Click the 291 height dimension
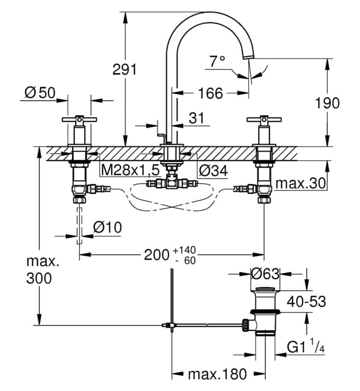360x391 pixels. click(x=125, y=70)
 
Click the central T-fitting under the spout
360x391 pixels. click(x=171, y=183)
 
